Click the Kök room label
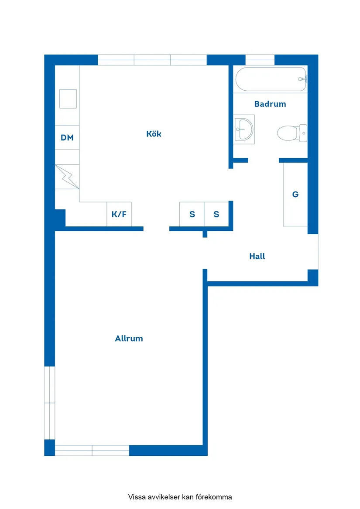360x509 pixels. (x=154, y=134)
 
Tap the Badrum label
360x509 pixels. (x=270, y=104)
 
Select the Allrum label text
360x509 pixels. (x=129, y=338)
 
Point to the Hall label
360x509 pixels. (x=257, y=256)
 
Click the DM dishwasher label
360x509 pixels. (x=67, y=137)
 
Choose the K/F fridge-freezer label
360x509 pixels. (x=119, y=214)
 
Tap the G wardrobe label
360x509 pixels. (x=295, y=194)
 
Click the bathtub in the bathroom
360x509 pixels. (x=271, y=79)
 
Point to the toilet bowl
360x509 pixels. (x=287, y=133)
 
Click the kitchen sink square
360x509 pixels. (x=68, y=99)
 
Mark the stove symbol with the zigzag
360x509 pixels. (x=67, y=177)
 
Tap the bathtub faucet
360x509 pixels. (x=302, y=79)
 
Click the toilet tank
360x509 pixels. (x=303, y=133)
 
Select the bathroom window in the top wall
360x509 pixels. (x=260, y=60)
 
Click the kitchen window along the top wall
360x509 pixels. (x=152, y=60)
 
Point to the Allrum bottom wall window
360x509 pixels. (x=92, y=451)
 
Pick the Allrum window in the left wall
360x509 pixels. (x=49, y=403)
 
